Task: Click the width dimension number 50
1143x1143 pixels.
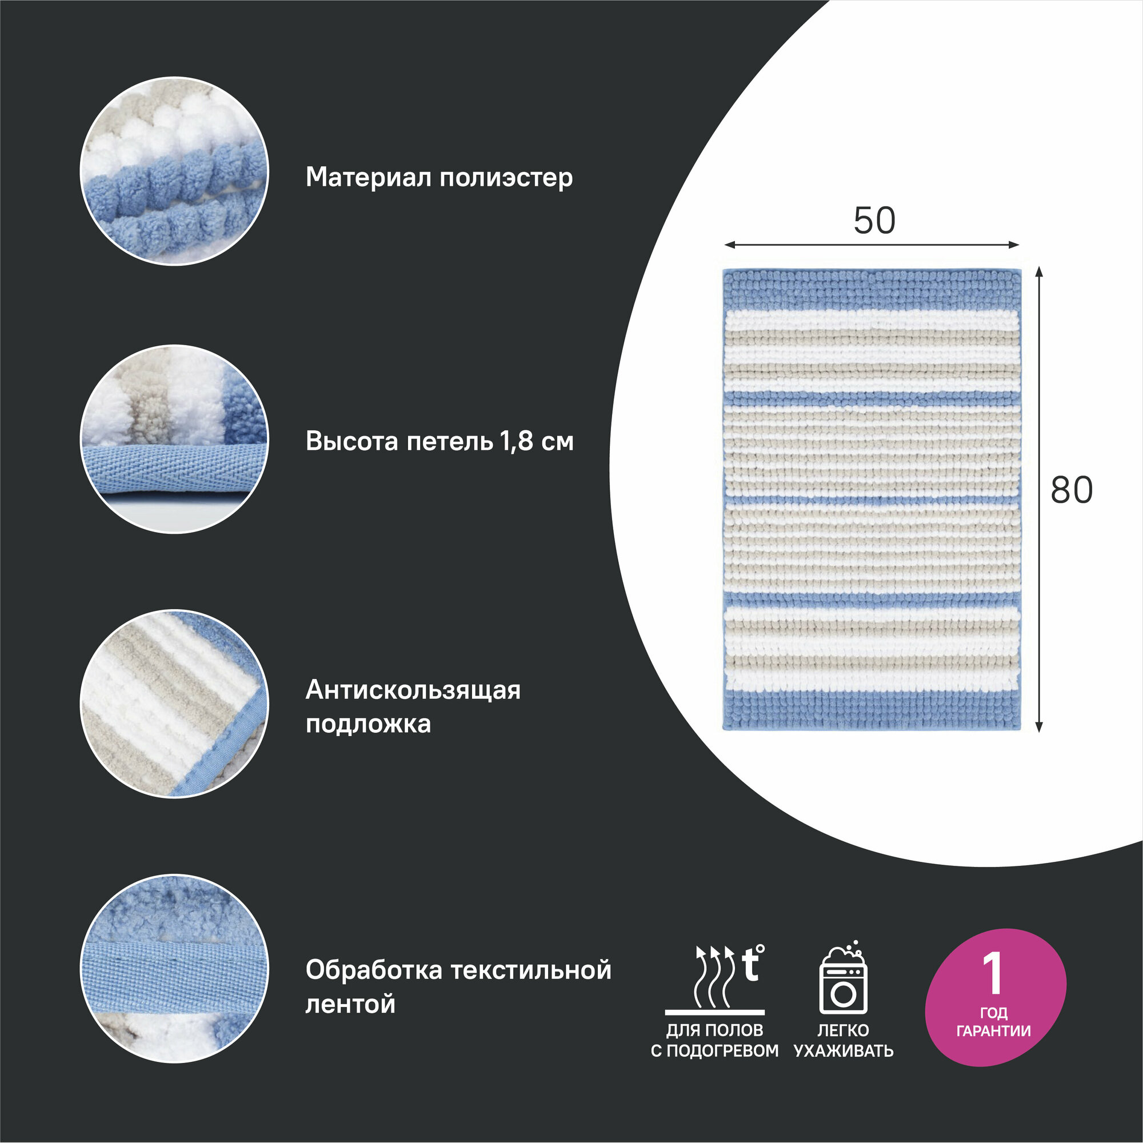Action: pyautogui.click(x=874, y=220)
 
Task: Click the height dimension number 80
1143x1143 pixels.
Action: pyautogui.click(x=1072, y=490)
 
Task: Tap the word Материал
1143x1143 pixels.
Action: pyautogui.click(x=369, y=177)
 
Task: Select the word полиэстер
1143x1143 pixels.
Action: pyautogui.click(x=506, y=178)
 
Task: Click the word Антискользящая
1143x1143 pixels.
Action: pyautogui.click(x=413, y=690)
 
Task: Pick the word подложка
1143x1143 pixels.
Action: pyautogui.click(x=368, y=724)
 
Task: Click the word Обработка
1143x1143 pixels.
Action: pyautogui.click(x=373, y=970)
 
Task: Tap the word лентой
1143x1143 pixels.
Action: pyautogui.click(x=350, y=1004)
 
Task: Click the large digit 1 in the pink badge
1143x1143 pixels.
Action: pyautogui.click(x=992, y=973)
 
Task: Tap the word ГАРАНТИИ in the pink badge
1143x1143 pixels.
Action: pyautogui.click(x=993, y=1031)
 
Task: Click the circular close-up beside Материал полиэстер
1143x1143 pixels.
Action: pyautogui.click(x=174, y=171)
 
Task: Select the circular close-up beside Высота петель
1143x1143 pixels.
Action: pyautogui.click(x=174, y=439)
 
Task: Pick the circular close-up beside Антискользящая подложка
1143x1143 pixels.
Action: pyautogui.click(x=174, y=704)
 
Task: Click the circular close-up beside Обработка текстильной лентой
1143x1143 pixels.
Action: pyautogui.click(x=174, y=969)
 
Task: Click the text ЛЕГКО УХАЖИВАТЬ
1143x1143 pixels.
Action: pyautogui.click(x=843, y=1040)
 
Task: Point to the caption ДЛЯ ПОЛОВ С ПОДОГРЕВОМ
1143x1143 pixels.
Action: pyautogui.click(x=715, y=1040)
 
